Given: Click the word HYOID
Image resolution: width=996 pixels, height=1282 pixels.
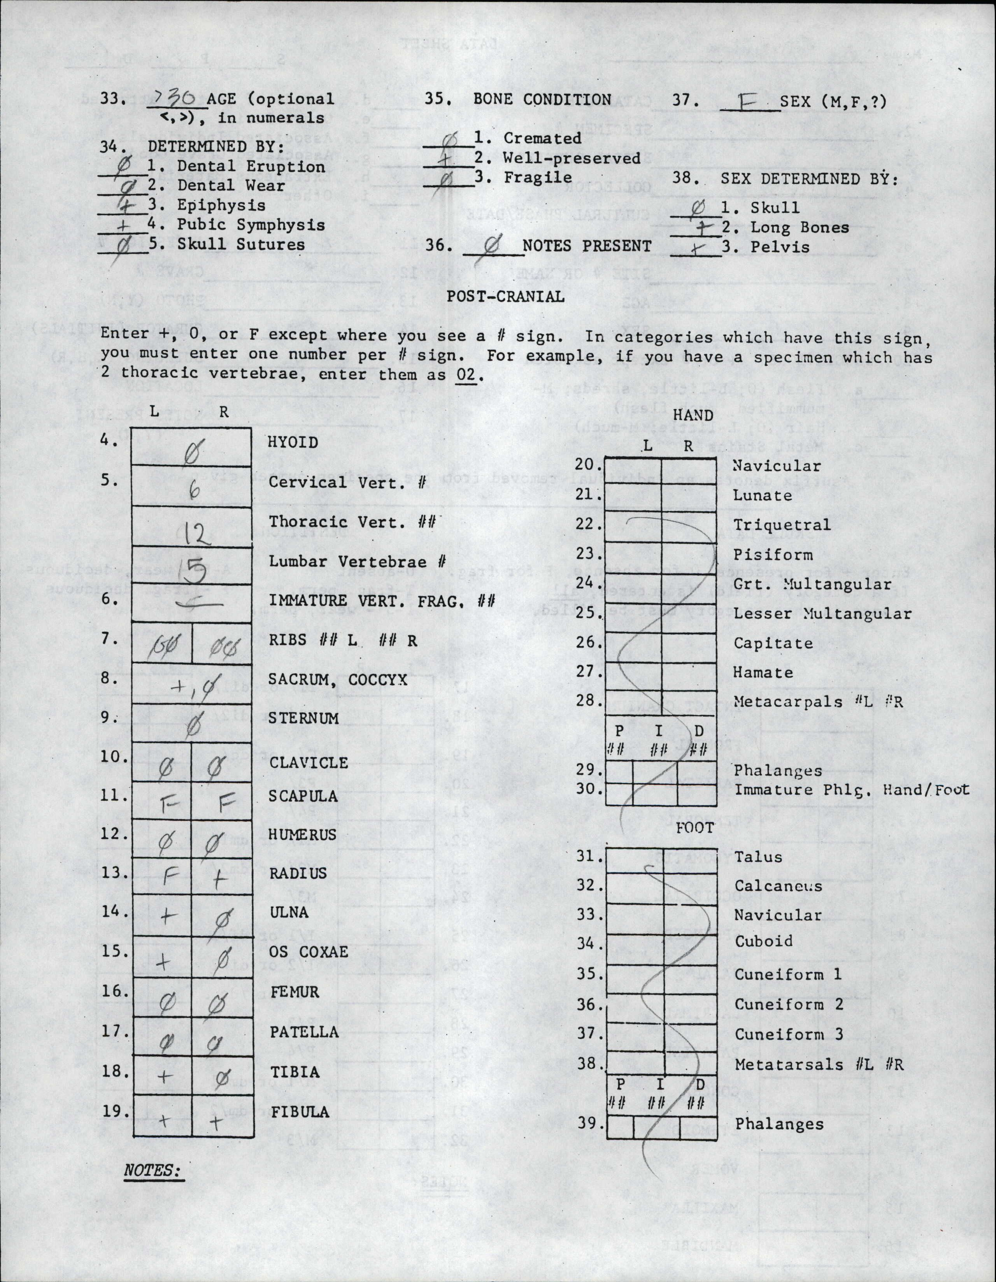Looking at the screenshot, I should pyautogui.click(x=293, y=442).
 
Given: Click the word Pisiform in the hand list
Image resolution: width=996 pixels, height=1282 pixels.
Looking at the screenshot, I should pyautogui.click(x=773, y=555).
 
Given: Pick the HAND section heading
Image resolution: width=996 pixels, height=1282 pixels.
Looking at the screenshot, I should pyautogui.click(x=693, y=415).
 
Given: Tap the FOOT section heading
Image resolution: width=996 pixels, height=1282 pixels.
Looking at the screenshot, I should pyautogui.click(x=695, y=828).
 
